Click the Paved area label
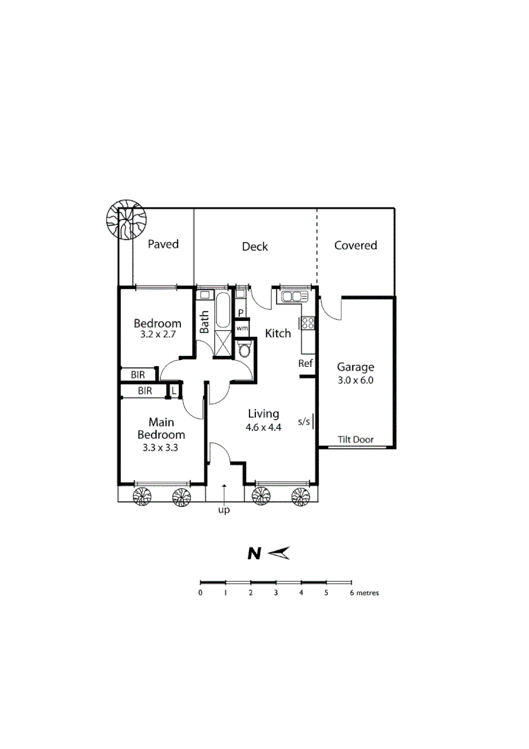(x=164, y=244)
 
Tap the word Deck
(x=254, y=246)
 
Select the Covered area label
(x=355, y=245)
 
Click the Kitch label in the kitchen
(x=278, y=334)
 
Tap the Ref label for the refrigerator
(x=305, y=363)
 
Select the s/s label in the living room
(x=304, y=421)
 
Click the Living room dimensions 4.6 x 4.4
(x=263, y=427)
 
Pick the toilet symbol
(x=244, y=351)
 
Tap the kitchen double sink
(x=292, y=297)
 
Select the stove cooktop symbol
(x=308, y=322)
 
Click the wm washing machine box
(x=241, y=327)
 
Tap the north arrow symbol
(x=278, y=553)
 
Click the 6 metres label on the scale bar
(x=364, y=593)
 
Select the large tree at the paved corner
(x=125, y=221)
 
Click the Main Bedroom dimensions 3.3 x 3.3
(x=161, y=448)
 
